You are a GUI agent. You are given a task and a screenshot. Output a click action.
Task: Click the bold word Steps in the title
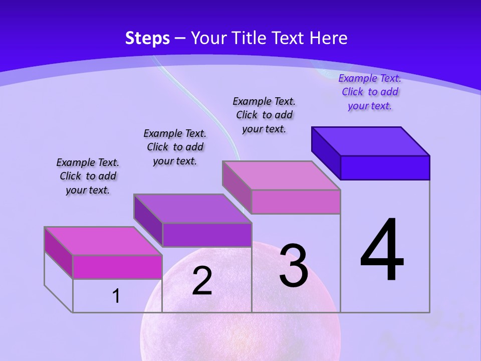click(x=147, y=38)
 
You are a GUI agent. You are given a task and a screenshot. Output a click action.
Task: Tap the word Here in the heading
click(x=329, y=38)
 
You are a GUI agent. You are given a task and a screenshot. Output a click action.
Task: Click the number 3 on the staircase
click(x=294, y=266)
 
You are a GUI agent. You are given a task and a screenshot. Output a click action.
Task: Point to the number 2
click(x=202, y=281)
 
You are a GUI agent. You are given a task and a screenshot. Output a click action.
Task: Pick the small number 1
click(x=116, y=296)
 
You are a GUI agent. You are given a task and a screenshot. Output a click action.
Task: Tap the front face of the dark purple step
click(x=385, y=167)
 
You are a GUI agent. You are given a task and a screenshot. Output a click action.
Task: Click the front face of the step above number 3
click(x=296, y=202)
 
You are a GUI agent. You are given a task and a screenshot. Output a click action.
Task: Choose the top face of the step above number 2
click(x=192, y=209)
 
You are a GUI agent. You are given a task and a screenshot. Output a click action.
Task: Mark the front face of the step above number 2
click(x=206, y=235)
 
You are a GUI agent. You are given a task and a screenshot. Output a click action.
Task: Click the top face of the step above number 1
click(x=103, y=241)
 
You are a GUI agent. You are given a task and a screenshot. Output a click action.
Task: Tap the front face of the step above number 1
click(x=117, y=267)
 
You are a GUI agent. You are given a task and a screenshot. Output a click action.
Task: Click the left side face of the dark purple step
click(x=326, y=152)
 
